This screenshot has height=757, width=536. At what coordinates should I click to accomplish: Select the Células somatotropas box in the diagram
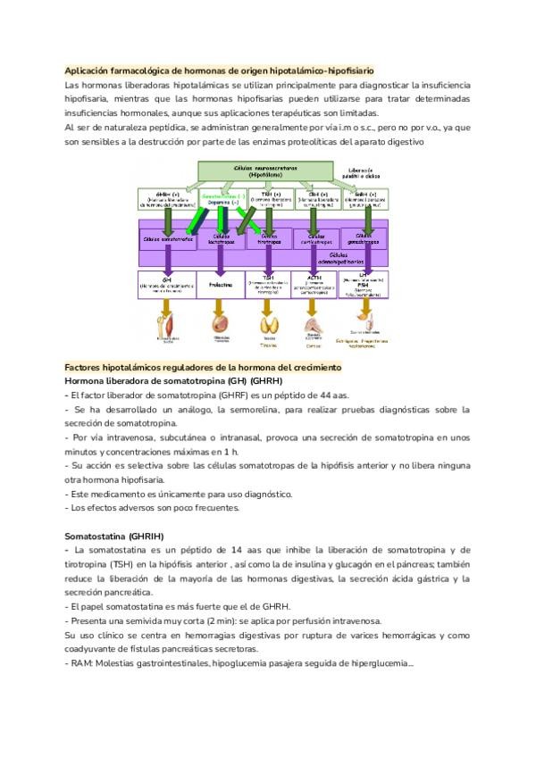167,238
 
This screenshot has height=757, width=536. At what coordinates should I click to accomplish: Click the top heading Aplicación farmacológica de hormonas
220,70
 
